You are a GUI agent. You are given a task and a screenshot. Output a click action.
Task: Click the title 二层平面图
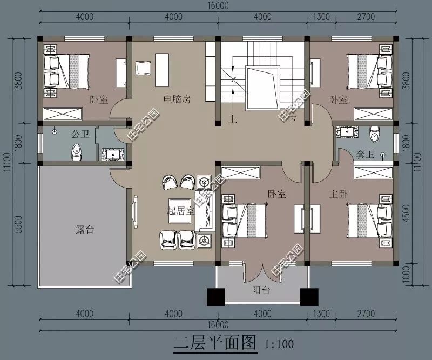pos(214,342)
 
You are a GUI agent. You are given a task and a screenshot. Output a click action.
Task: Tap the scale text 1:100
pos(279,343)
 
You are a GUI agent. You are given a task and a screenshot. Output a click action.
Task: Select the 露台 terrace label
pos(85,229)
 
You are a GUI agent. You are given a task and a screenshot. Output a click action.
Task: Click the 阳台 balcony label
pos(261,290)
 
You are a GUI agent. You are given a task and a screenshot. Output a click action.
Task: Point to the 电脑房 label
pos(177,99)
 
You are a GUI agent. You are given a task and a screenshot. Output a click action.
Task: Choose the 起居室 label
pos(181,211)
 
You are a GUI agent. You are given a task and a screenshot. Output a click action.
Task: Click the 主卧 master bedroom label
pos(339,193)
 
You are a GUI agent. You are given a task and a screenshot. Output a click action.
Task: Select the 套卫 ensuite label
pos(366,155)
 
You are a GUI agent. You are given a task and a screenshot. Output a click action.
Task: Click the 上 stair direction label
pos(233,120)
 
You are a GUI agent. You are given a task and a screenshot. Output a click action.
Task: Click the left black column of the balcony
pos(215,297)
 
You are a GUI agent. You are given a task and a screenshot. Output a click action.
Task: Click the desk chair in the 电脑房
pos(144,68)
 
